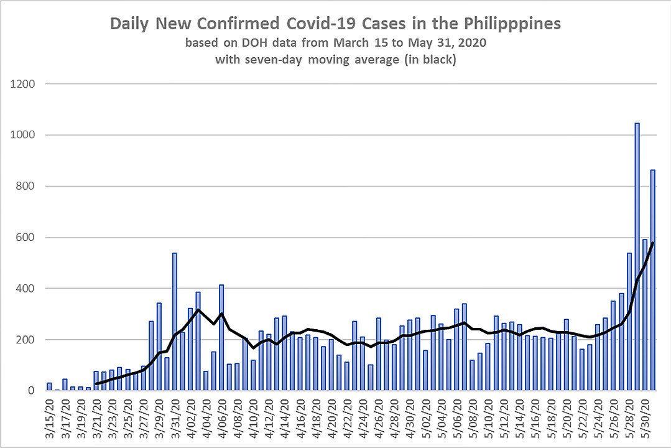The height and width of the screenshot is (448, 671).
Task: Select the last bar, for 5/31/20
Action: pyautogui.click(x=652, y=280)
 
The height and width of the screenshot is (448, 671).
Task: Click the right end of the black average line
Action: pyautogui.click(x=652, y=243)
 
